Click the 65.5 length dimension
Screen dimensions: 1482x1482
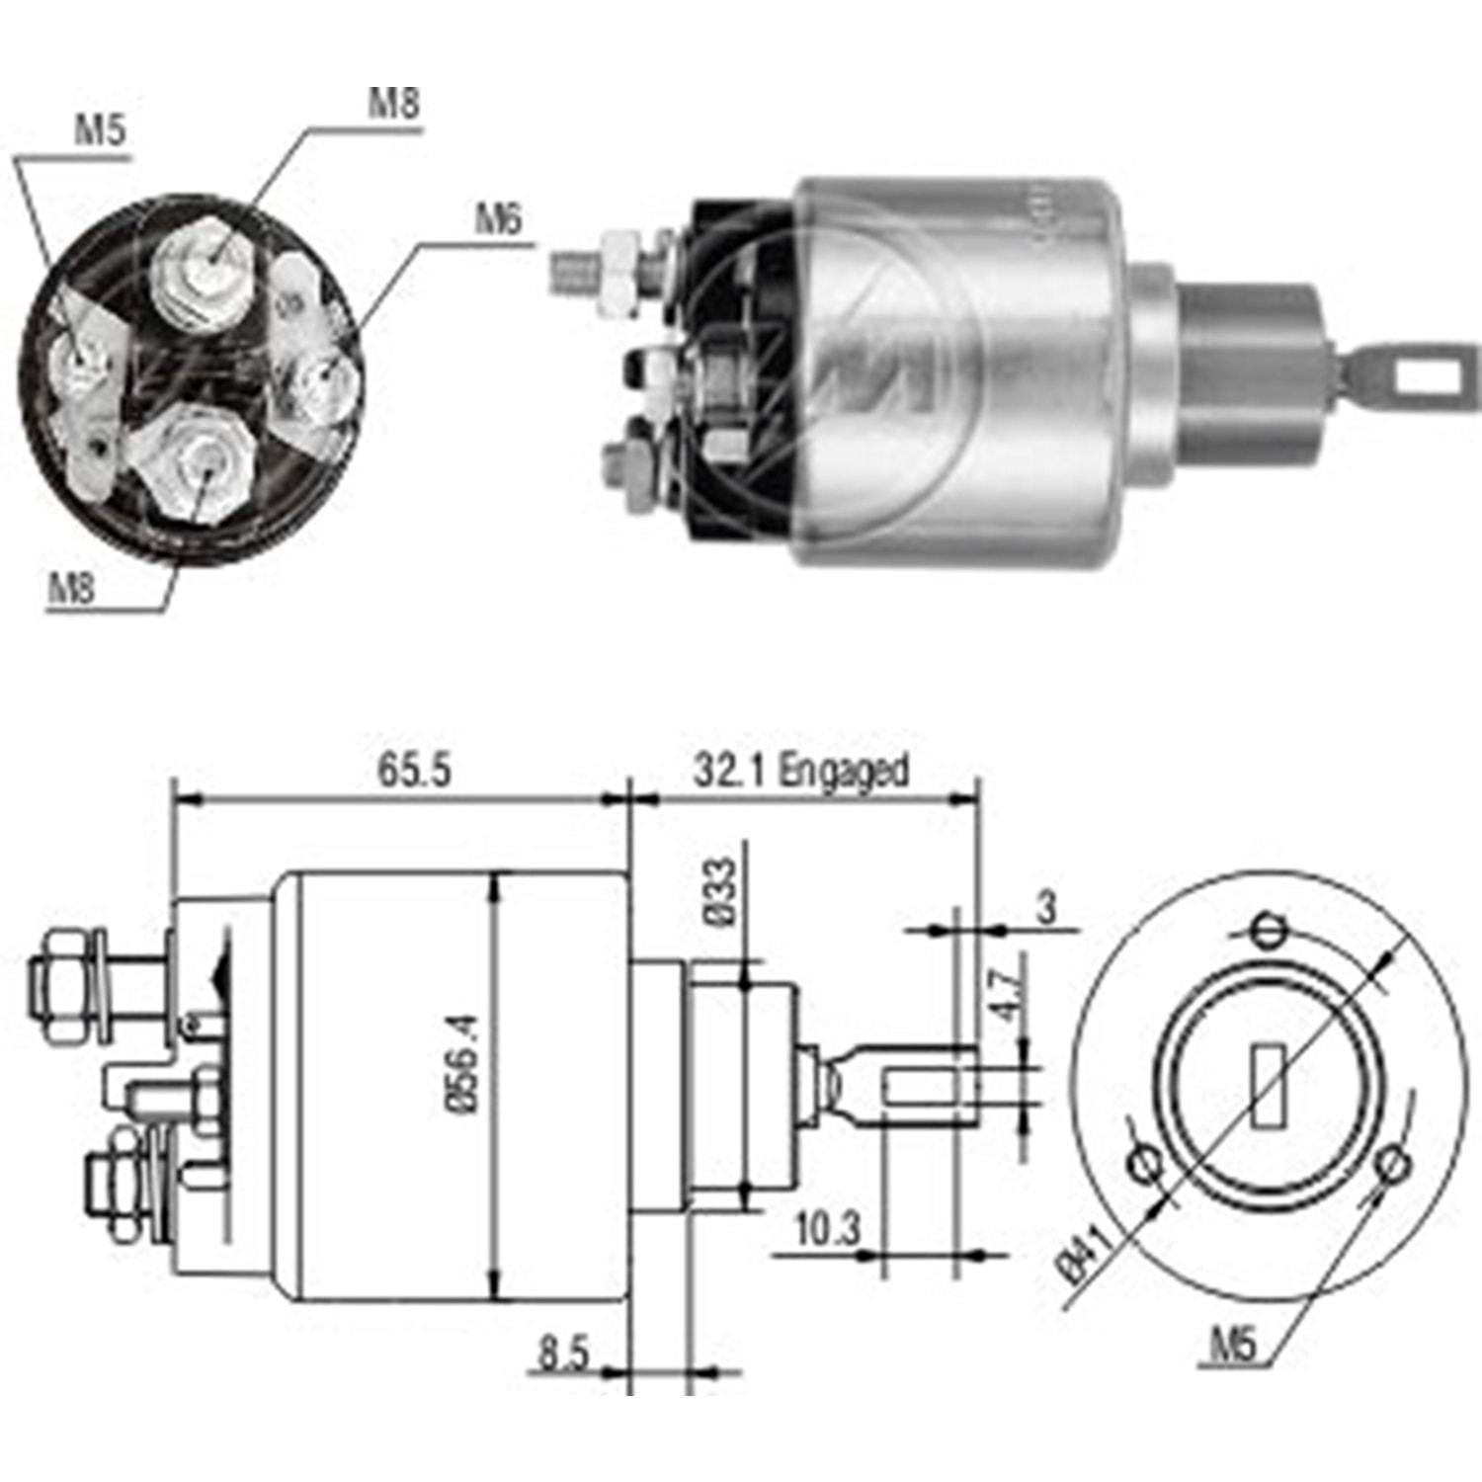coord(414,770)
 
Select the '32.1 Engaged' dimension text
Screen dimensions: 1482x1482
coord(799,770)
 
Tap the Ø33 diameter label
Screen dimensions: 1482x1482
coord(722,891)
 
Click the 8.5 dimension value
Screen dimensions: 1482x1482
coord(563,1353)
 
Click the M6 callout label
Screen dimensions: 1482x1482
coord(497,219)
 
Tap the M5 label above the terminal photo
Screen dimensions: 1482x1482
coord(101,131)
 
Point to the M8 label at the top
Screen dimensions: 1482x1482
coord(393,103)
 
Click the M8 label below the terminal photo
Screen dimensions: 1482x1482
coord(71,590)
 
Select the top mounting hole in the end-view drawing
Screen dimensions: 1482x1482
coord(1268,931)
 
